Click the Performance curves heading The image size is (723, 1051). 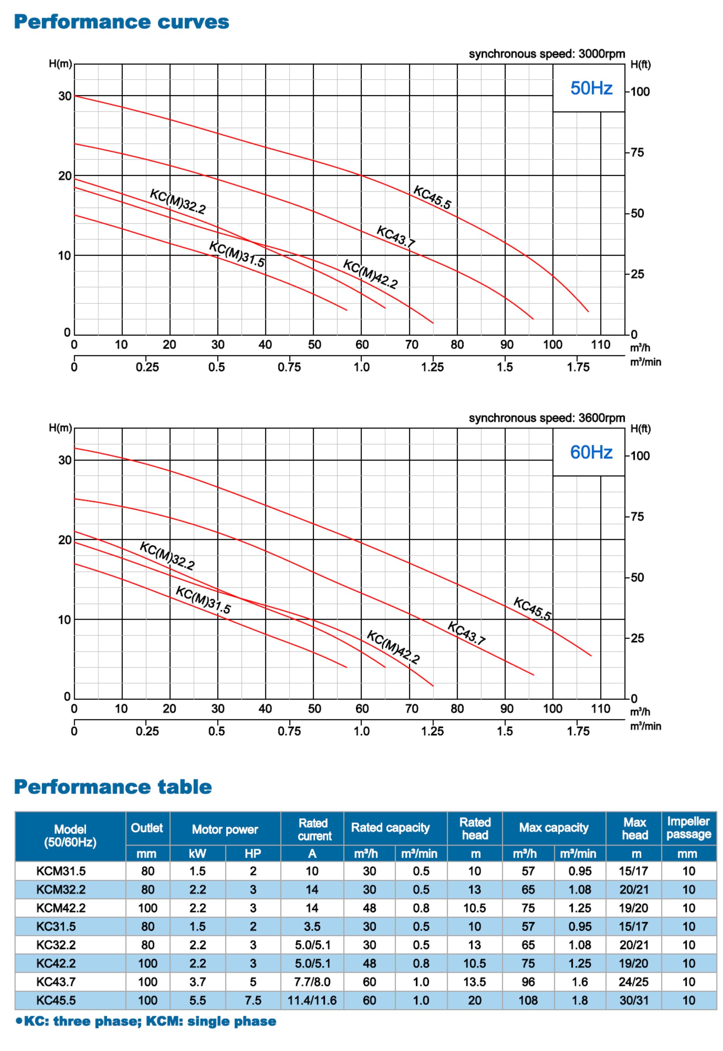pos(121,22)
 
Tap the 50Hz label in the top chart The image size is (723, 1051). pos(591,88)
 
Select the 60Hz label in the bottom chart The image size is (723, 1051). pos(591,452)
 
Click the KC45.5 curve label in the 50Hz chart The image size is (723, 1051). pos(432,197)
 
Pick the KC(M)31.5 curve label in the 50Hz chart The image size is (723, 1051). pos(237,254)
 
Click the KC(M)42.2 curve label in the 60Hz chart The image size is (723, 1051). pos(393,646)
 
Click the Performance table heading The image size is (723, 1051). pos(113,787)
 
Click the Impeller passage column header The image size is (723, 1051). pos(688,828)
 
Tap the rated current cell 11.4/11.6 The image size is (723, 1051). pos(312,1000)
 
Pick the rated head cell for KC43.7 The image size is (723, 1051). pos(474,982)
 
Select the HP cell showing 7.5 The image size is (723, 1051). pos(253,1000)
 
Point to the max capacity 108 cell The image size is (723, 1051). pos(528,1000)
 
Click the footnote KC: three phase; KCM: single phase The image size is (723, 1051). pos(146,1021)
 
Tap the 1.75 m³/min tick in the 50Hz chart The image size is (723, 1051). pos(578,367)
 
